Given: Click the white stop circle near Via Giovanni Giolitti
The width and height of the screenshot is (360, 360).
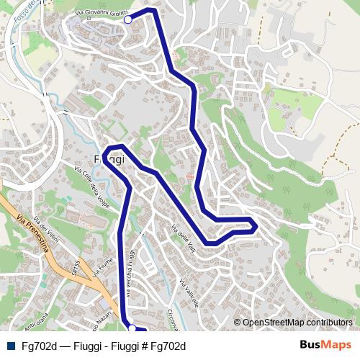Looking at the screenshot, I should pyautogui.click(x=128, y=19).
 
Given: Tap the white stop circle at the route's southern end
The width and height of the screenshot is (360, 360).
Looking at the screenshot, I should pyautogui.click(x=132, y=328).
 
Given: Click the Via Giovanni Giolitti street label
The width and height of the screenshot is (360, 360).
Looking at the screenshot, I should pyautogui.click(x=102, y=14).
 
